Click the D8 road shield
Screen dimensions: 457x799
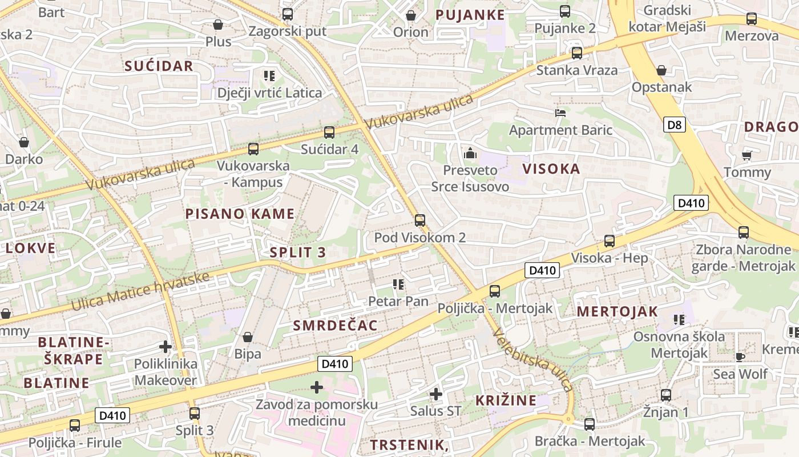(674, 125)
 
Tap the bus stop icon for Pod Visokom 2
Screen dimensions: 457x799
(420, 220)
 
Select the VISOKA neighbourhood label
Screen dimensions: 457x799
(551, 169)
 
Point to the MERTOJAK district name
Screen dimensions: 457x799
(617, 312)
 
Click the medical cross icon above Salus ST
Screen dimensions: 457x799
(436, 394)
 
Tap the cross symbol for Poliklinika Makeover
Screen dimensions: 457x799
(166, 347)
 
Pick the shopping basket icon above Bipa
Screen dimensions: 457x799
(248, 337)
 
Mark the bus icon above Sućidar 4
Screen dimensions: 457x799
(329, 132)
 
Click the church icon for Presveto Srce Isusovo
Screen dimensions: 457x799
(470, 153)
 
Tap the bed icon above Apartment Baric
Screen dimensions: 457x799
(560, 113)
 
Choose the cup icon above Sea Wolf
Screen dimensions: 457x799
(740, 357)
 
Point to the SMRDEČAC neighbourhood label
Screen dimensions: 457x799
(335, 326)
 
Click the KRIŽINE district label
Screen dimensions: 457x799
(506, 400)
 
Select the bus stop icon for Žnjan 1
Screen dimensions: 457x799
(665, 395)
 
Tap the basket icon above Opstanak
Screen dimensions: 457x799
(661, 70)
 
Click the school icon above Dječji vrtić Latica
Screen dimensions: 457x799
(269, 75)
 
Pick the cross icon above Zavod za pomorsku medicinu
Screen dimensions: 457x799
(317, 388)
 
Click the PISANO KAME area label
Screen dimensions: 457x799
(240, 214)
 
